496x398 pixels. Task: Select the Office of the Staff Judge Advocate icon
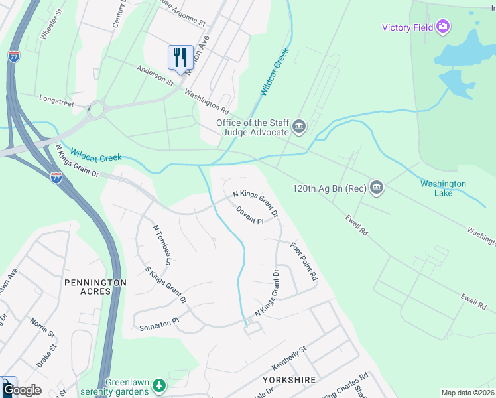[299, 126]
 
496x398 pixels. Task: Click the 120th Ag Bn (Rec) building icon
[377, 188]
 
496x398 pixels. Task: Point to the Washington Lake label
[442, 188]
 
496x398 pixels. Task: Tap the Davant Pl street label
[250, 215]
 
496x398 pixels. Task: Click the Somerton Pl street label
[159, 324]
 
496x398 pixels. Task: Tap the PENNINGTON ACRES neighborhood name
[95, 288]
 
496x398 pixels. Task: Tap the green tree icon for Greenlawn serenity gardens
[159, 385]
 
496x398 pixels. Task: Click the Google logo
[22, 390]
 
